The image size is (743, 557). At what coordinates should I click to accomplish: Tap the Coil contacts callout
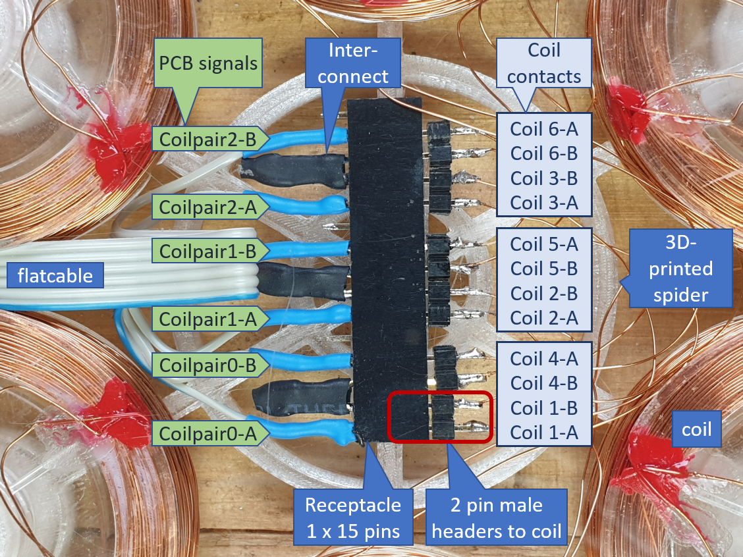coord(544,63)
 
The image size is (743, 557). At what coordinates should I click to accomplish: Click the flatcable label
coord(55,275)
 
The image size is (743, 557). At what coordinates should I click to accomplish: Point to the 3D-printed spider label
coord(680,269)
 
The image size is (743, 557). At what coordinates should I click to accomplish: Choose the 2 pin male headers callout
coord(496,518)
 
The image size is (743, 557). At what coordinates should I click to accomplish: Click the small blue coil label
coord(697,429)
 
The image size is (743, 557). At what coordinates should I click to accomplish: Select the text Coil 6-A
coord(544,128)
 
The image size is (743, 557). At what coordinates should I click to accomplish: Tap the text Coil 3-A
coord(544,202)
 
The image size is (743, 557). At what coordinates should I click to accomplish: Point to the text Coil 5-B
coord(544,269)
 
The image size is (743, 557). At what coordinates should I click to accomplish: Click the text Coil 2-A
coord(544,318)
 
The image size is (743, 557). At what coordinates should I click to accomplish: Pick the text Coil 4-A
coord(544,359)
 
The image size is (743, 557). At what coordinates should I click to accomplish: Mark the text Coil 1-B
coord(544,408)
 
